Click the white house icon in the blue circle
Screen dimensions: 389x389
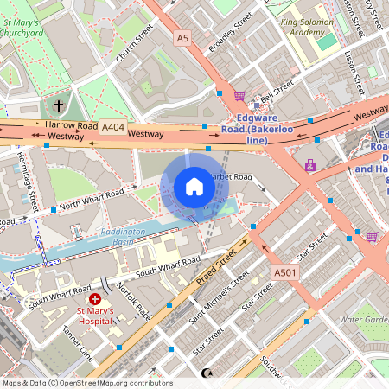point(194,187)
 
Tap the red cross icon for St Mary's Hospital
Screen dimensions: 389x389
point(94,298)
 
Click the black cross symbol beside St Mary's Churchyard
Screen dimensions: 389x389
point(59,106)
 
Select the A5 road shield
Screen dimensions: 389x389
point(182,38)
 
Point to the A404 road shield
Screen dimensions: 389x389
point(112,127)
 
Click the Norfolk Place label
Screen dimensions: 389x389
point(134,297)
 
